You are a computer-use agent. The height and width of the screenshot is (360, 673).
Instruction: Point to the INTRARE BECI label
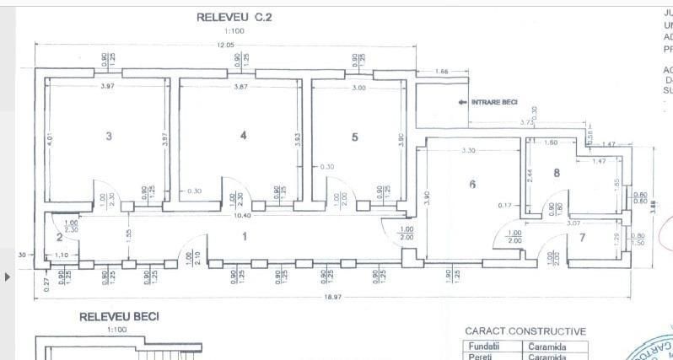click(495, 103)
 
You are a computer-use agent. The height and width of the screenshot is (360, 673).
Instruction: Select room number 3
click(109, 136)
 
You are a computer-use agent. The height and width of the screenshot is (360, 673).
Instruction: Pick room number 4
click(243, 135)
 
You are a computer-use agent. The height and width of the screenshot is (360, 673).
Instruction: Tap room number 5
click(354, 137)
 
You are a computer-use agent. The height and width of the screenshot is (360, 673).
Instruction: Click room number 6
click(472, 183)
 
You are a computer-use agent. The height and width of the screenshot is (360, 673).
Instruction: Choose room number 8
click(557, 173)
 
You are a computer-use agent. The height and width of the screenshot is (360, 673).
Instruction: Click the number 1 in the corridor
click(245, 237)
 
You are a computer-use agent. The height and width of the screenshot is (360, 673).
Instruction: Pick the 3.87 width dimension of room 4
click(240, 87)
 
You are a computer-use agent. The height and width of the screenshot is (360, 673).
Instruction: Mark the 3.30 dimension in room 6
click(468, 150)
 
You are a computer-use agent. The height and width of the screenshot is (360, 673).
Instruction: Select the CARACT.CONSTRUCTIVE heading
click(525, 331)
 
